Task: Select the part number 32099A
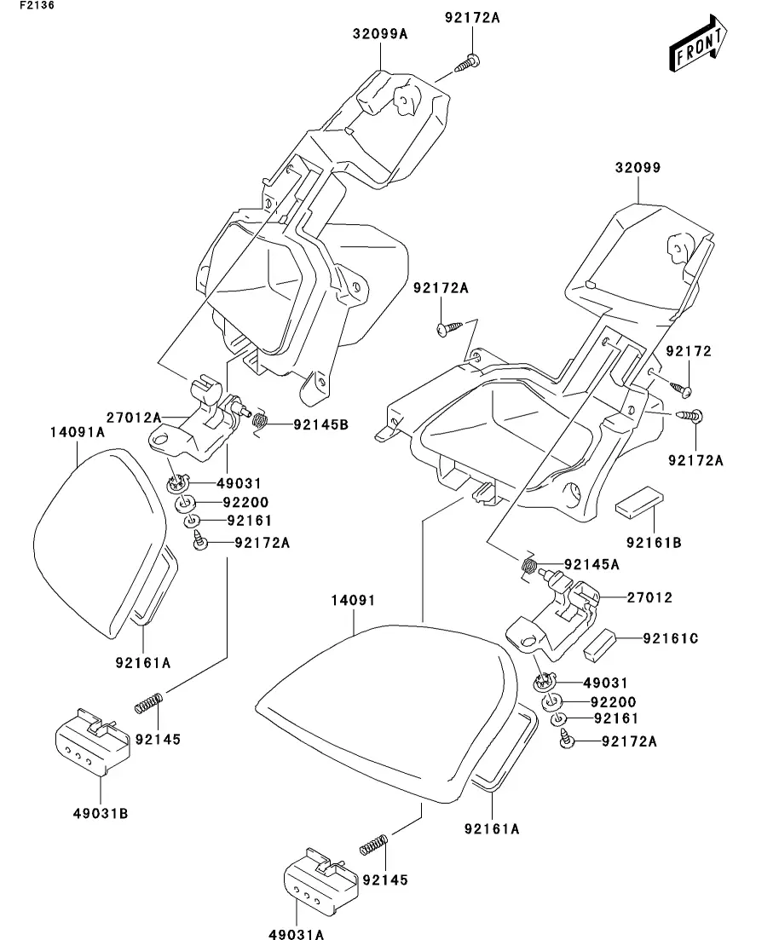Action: (379, 34)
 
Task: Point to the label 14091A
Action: (77, 432)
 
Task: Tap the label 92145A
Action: (591, 564)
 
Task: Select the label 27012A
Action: (134, 417)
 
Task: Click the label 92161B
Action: (654, 540)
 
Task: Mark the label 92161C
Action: (671, 637)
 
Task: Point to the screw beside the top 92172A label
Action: (468, 62)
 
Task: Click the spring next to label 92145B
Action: (264, 419)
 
